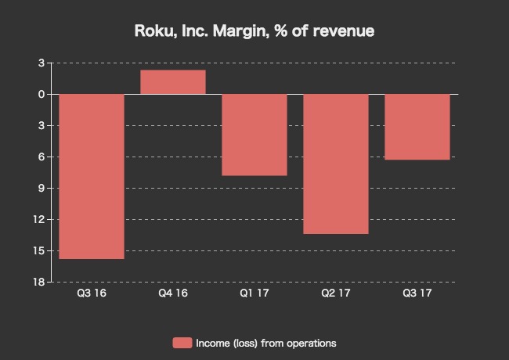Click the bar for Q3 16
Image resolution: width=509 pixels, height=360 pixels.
pos(92,176)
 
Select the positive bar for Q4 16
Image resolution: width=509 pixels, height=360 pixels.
pos(173,82)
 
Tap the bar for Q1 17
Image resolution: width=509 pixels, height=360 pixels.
pos(254,135)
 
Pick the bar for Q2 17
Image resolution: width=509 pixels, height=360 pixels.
pos(336,164)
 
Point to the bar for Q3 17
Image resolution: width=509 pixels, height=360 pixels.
pos(417,127)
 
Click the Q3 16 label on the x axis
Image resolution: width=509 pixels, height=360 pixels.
pos(92,293)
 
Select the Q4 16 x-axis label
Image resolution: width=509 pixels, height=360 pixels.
pos(173,293)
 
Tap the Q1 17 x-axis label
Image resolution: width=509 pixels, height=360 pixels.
pos(254,293)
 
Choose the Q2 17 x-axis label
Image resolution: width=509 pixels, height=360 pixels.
pos(336,293)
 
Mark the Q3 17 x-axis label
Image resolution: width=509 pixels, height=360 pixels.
pos(417,293)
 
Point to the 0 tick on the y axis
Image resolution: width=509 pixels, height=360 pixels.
pos(41,94)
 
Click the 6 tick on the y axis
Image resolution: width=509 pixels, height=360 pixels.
pos(41,157)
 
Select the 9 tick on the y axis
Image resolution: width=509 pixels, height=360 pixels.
pos(41,188)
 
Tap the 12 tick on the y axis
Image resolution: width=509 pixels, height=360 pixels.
pos(38,219)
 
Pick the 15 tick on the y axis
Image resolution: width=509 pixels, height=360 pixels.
pos(38,250)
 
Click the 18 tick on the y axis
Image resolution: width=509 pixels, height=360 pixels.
pos(38,282)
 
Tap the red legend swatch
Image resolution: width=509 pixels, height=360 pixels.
pos(182,343)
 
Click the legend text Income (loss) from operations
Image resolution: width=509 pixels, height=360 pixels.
pos(266,343)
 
